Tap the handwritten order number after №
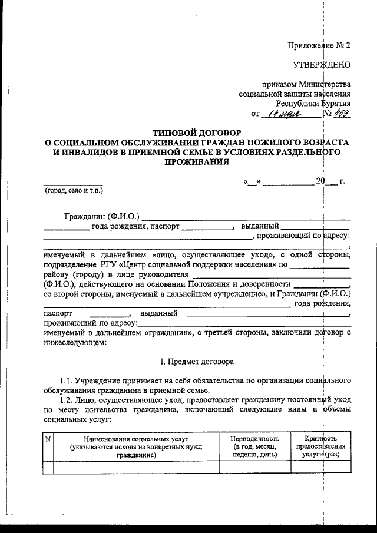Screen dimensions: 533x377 [342, 114]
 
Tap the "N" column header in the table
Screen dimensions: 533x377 [48, 439]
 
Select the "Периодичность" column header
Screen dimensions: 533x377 [254, 439]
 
